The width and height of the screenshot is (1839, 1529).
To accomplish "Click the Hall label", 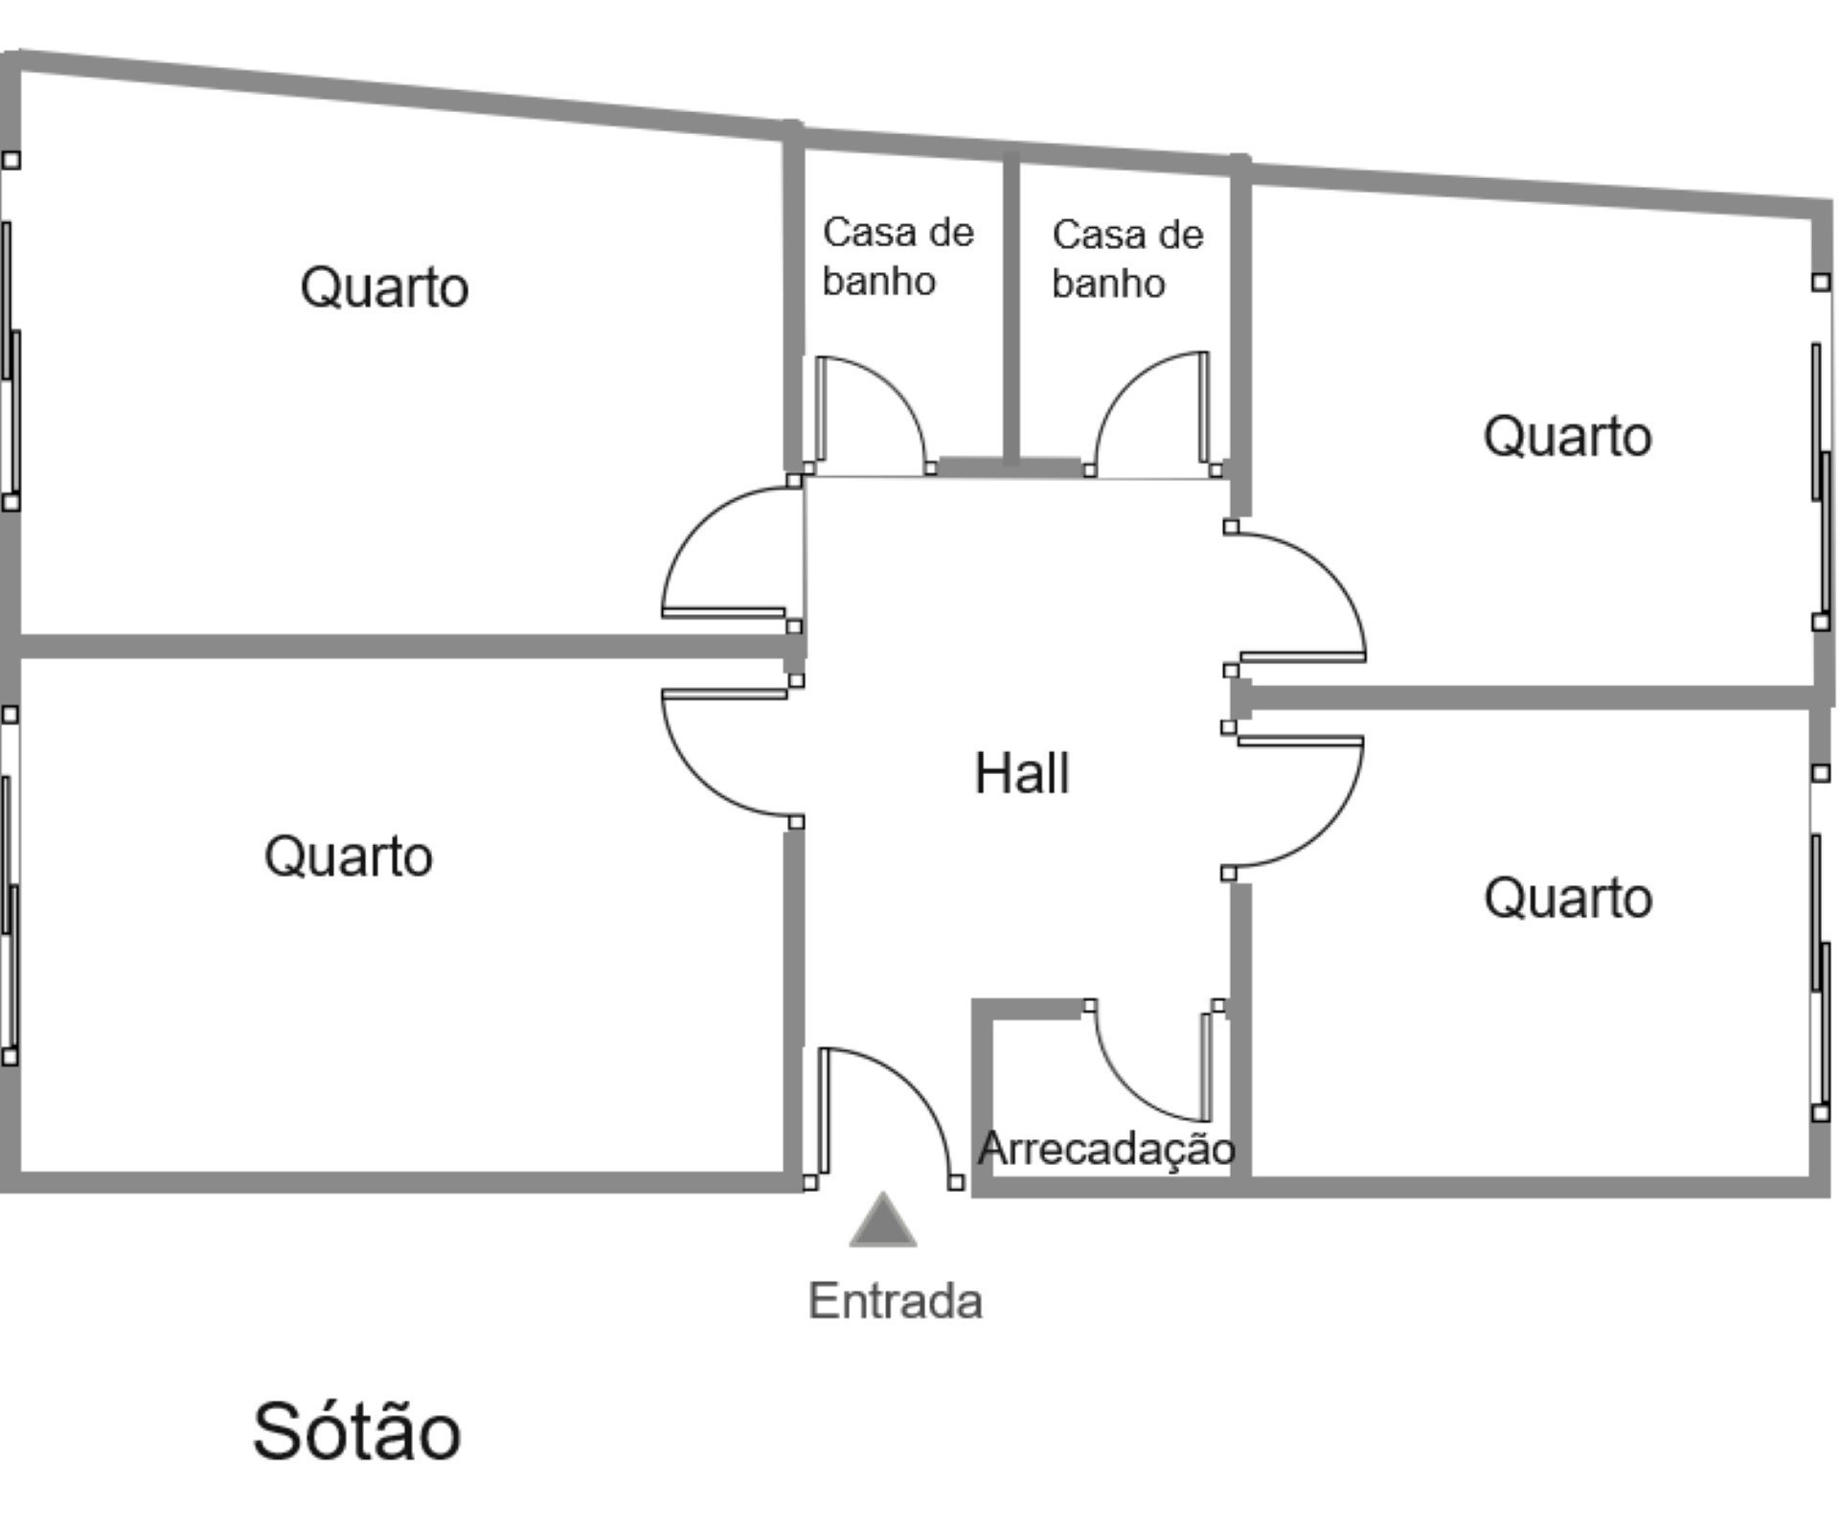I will click(1021, 773).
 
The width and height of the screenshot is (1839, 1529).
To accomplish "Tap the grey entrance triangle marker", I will click(883, 1221).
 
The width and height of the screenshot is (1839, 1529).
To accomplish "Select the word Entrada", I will click(896, 1302).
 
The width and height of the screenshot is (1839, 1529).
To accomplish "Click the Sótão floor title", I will click(356, 1431).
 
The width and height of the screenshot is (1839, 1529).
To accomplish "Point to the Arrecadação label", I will click(1106, 1148).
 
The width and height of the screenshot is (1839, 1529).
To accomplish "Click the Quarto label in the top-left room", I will click(384, 286).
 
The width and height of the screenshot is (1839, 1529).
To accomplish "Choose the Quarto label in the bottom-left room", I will click(348, 856).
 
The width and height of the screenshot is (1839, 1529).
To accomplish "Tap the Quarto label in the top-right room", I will click(1567, 436).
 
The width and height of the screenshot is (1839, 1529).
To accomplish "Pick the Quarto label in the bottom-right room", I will click(1568, 898).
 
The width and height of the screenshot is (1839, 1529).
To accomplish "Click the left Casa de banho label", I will click(897, 257).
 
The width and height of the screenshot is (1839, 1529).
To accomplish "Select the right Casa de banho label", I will click(1127, 259).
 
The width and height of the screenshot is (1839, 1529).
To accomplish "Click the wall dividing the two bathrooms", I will click(1010, 307).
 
